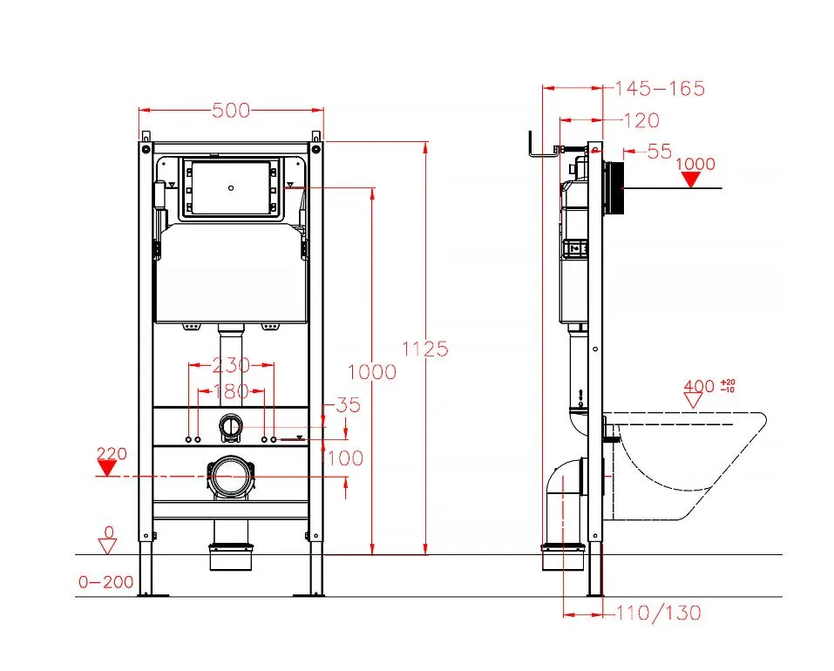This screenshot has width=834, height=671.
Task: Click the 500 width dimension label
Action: [x=231, y=110]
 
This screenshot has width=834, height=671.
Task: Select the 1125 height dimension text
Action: [x=425, y=349]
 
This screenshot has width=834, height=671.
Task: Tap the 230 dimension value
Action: [x=231, y=365]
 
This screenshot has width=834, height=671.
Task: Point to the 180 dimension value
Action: [x=231, y=391]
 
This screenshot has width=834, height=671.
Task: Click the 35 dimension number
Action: [x=349, y=404]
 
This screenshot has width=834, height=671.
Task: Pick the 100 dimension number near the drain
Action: [x=345, y=457]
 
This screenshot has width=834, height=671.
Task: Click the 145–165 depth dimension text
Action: [x=660, y=88]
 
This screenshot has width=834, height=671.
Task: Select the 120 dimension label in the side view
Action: [x=641, y=120]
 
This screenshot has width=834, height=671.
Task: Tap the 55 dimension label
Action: [x=660, y=152]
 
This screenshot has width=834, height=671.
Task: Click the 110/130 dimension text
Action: [x=659, y=613]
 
